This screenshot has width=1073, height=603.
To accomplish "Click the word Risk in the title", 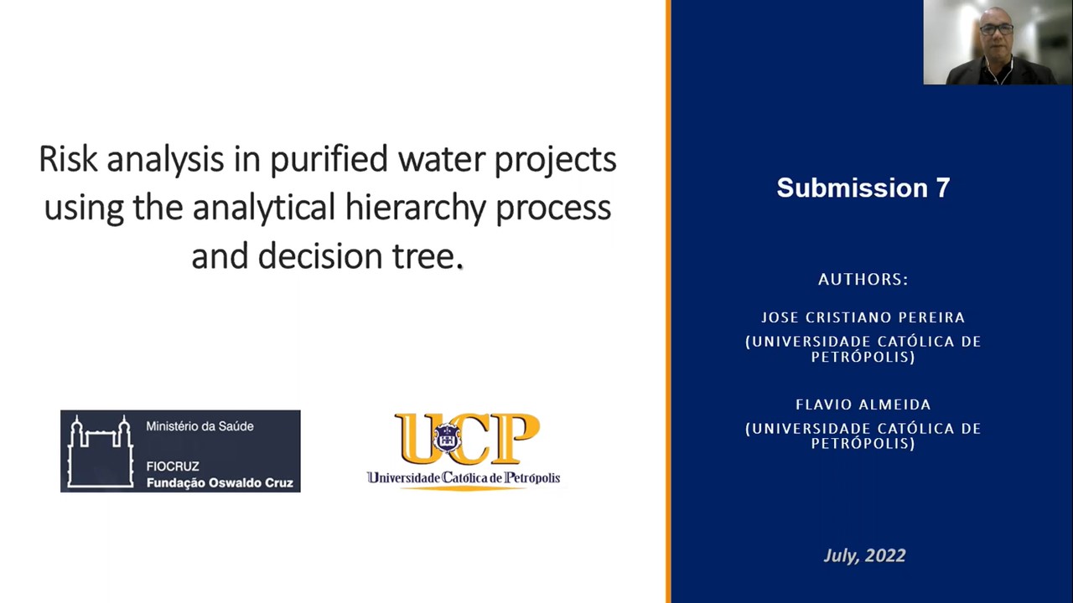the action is point(68,159).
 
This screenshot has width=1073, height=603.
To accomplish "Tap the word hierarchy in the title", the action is point(415,209).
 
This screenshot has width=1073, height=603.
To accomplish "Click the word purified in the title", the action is point(329,160).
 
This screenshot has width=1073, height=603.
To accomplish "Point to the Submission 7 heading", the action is point(863,188).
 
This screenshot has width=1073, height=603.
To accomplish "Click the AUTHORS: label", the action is point(863,279).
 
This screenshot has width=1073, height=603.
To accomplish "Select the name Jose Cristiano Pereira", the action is point(863,317).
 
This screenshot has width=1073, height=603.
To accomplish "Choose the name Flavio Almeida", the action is point(863,405).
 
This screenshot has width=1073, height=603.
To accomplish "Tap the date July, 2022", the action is point(864,555).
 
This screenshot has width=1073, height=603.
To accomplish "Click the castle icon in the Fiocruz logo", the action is point(100,451).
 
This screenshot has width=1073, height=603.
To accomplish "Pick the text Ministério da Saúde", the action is point(200,426).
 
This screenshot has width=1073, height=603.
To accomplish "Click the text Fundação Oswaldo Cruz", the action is point(220,483).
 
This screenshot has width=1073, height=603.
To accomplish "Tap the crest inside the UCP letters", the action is point(447,438).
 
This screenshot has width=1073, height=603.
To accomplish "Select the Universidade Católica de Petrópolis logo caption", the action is point(464,477).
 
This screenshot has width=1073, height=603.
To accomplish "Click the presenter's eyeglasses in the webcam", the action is point(997,29).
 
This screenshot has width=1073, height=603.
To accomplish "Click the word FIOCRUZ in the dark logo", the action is point(173,466).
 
